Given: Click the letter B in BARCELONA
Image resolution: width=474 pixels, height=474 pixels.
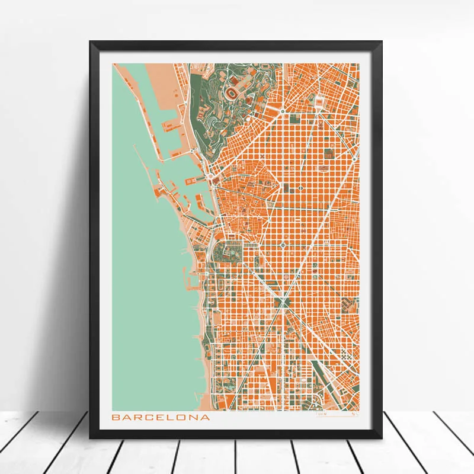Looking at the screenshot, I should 116,417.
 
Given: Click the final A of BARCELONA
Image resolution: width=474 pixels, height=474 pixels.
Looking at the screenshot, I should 205,417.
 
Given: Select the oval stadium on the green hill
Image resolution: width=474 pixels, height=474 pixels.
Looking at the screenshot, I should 228,94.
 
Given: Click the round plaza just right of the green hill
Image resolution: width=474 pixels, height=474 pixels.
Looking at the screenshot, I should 283,110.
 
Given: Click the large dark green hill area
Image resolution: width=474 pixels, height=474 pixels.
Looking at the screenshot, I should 207,118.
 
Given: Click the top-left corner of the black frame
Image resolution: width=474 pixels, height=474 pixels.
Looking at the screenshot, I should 91,42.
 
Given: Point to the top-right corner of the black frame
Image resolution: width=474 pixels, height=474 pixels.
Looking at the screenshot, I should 382,42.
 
